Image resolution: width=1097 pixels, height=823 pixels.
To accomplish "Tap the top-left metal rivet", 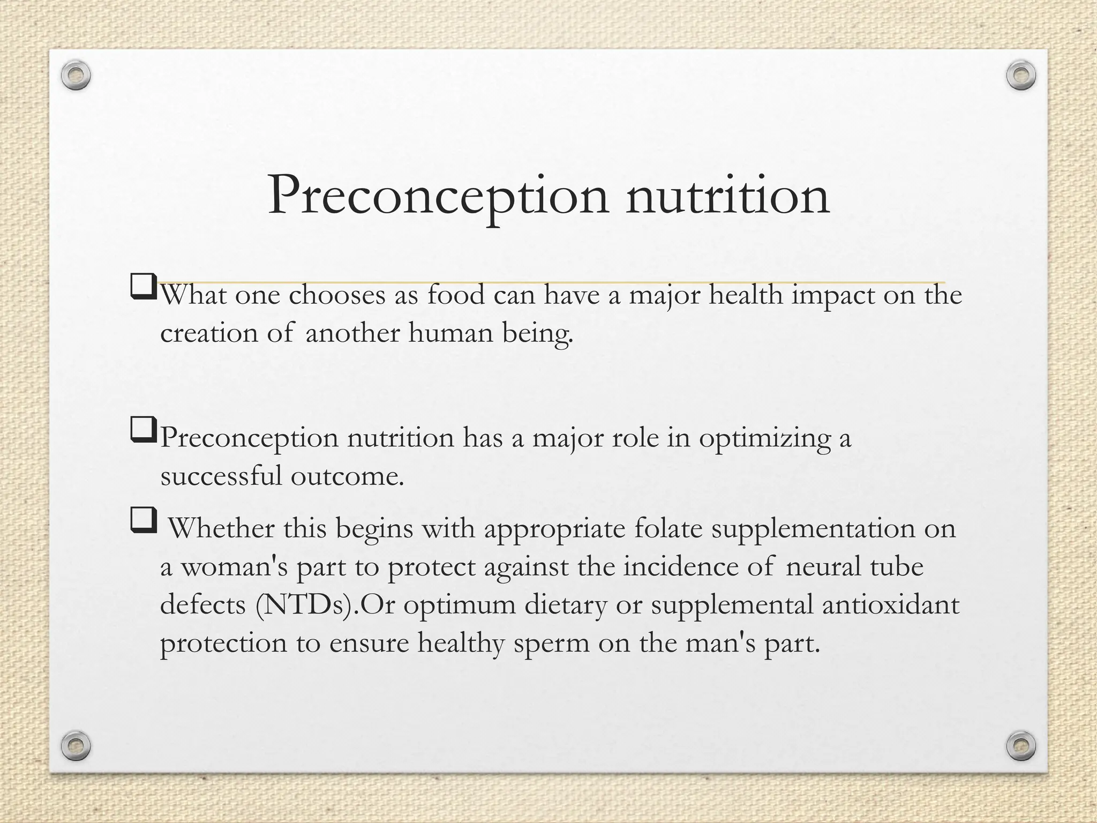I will point(76,76).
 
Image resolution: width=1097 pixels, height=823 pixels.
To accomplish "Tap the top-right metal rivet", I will point(1021,76).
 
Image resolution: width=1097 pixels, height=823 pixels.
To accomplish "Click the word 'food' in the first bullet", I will point(456,295).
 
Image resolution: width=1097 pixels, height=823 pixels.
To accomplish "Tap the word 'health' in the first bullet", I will point(746,295).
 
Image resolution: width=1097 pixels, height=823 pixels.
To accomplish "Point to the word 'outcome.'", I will point(347,476).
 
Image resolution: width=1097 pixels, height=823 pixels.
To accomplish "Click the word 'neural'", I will point(823,567).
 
